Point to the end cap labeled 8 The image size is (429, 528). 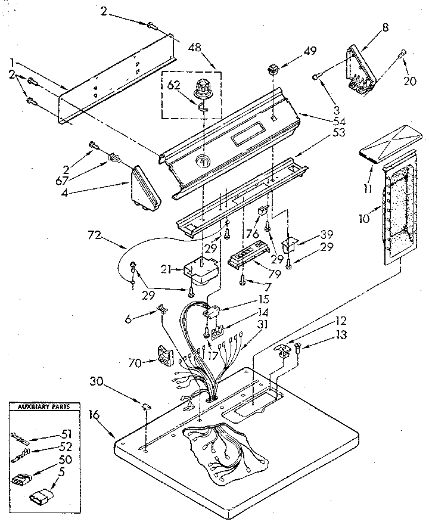(360, 69)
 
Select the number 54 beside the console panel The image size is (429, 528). (323, 122)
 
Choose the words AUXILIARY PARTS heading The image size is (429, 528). (43, 407)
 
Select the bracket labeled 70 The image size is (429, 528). (161, 356)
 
